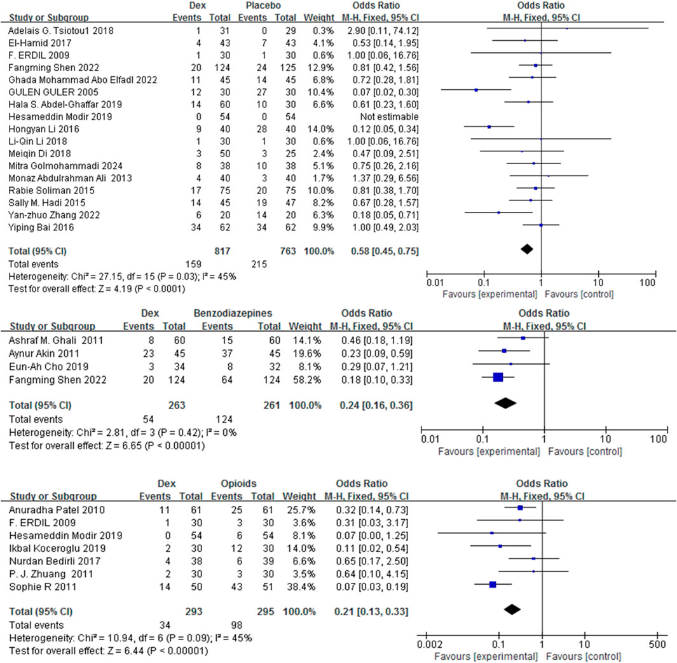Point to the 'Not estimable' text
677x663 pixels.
coord(373,117)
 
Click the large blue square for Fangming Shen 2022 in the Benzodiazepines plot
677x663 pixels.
coord(498,377)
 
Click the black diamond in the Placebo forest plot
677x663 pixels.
coord(526,248)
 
